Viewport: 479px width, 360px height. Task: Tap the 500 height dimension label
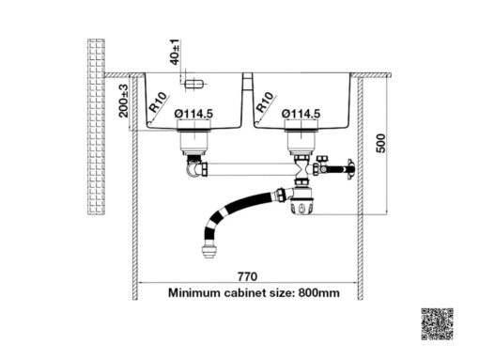click(x=380, y=145)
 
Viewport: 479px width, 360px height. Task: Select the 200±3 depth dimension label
click(x=124, y=102)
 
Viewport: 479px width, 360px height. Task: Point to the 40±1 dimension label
click(x=176, y=50)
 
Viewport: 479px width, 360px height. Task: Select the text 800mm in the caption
click(x=320, y=292)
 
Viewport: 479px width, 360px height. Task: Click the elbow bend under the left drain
click(x=196, y=172)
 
